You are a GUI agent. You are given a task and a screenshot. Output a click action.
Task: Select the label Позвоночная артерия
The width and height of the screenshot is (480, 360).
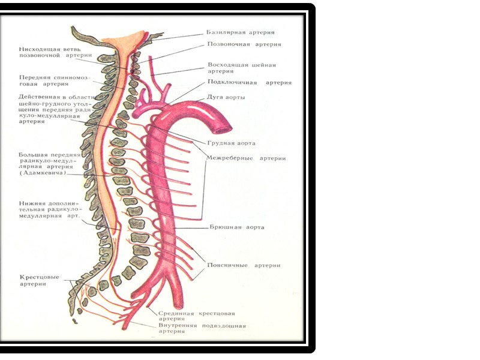click(x=244, y=44)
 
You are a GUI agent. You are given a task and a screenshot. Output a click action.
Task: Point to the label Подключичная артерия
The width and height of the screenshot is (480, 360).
click(x=249, y=83)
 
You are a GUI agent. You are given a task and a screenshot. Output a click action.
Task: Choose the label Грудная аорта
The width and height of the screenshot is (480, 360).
click(x=232, y=143)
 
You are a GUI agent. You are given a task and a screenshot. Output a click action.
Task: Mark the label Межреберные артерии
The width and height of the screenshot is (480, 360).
click(x=246, y=158)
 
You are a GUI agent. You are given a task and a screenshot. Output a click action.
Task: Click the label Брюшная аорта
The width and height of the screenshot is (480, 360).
click(x=237, y=227)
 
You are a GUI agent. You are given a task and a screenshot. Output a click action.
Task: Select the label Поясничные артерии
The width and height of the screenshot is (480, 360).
click(x=243, y=265)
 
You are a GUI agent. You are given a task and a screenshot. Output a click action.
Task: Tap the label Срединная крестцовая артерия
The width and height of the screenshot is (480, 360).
click(x=197, y=316)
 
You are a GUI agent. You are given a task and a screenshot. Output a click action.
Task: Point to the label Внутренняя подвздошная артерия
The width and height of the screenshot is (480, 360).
click(x=202, y=329)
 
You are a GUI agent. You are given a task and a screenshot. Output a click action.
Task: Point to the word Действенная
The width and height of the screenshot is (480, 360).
click(x=40, y=97)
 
